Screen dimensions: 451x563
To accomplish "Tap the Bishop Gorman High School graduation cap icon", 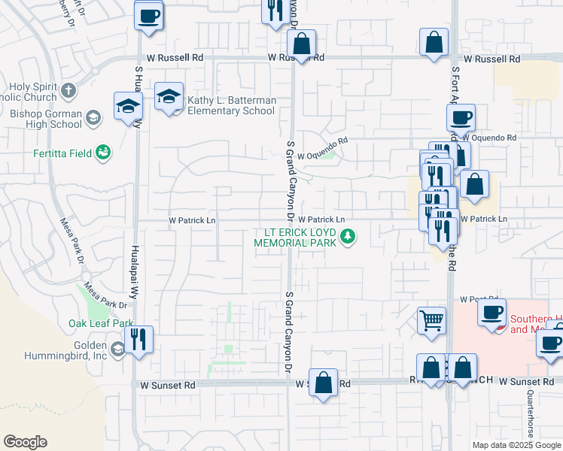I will click(93, 117).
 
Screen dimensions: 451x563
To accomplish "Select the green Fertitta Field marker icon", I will click(104, 153).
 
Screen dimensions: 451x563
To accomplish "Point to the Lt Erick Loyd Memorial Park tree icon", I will click(348, 238).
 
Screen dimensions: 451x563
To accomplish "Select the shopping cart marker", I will click(432, 320).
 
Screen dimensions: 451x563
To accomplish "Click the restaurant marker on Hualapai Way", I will click(138, 339).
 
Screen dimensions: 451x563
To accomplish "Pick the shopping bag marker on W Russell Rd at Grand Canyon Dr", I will click(301, 46).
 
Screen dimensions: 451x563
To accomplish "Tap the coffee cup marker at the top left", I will click(149, 15).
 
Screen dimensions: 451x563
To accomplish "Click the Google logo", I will click(25, 442).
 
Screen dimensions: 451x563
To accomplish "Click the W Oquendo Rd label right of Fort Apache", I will click(489, 138).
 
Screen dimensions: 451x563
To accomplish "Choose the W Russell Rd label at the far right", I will click(491, 59).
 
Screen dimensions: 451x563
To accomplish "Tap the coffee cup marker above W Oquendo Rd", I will click(461, 118).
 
